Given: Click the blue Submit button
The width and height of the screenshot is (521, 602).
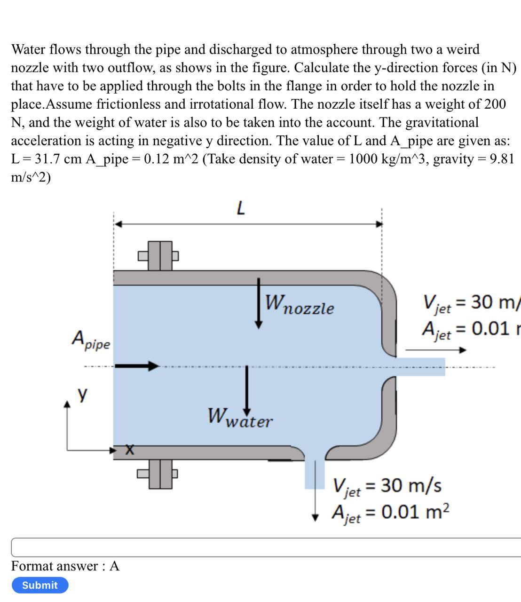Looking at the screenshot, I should tap(40, 585).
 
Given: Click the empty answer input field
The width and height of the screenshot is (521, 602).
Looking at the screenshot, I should tap(266, 547).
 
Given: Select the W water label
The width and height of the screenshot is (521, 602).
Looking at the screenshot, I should tap(240, 418).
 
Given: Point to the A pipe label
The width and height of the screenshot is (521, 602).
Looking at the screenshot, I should tap(91, 340).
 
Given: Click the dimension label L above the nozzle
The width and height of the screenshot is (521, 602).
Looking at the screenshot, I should tap(240, 207).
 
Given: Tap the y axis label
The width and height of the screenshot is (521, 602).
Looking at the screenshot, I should tap(82, 394).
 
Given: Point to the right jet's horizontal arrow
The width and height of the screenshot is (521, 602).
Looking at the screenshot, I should tap(435, 350).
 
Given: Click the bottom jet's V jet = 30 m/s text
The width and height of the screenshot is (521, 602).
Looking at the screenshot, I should tap(387, 486).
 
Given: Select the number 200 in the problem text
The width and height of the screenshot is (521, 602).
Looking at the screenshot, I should tap(494, 104).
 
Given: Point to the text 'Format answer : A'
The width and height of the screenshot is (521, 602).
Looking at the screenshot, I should tap(65, 566).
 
